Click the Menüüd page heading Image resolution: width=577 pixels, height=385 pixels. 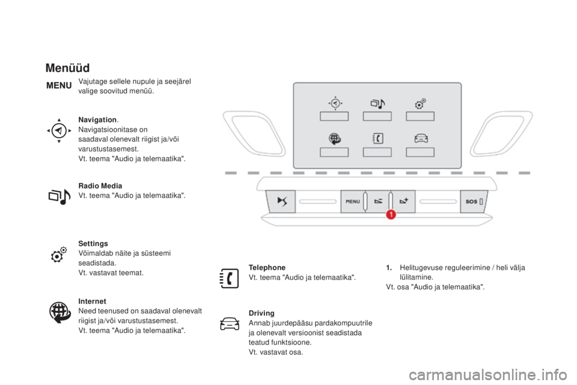67,68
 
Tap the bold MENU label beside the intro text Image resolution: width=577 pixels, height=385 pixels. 59,85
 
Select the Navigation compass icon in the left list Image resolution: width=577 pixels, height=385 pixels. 59,131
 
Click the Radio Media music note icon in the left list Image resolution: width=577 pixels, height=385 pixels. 60,196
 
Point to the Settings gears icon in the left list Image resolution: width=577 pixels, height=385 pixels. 59,254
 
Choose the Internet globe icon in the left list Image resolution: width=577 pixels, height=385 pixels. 60,312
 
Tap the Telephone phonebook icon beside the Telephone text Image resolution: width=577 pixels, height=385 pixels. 229,278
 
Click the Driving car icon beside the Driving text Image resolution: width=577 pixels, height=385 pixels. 230,324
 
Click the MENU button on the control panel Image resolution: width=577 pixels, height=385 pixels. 353,201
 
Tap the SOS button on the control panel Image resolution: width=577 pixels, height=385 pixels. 474,201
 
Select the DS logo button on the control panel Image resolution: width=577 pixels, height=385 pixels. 281,201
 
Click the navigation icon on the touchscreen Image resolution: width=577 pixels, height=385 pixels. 335,103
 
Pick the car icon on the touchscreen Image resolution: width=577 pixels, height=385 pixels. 421,138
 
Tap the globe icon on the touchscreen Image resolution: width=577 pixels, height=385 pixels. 335,139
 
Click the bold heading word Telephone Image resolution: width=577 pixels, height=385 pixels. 267,268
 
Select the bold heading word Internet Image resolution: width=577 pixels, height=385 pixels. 92,301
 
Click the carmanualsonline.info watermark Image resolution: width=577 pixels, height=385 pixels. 488,375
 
